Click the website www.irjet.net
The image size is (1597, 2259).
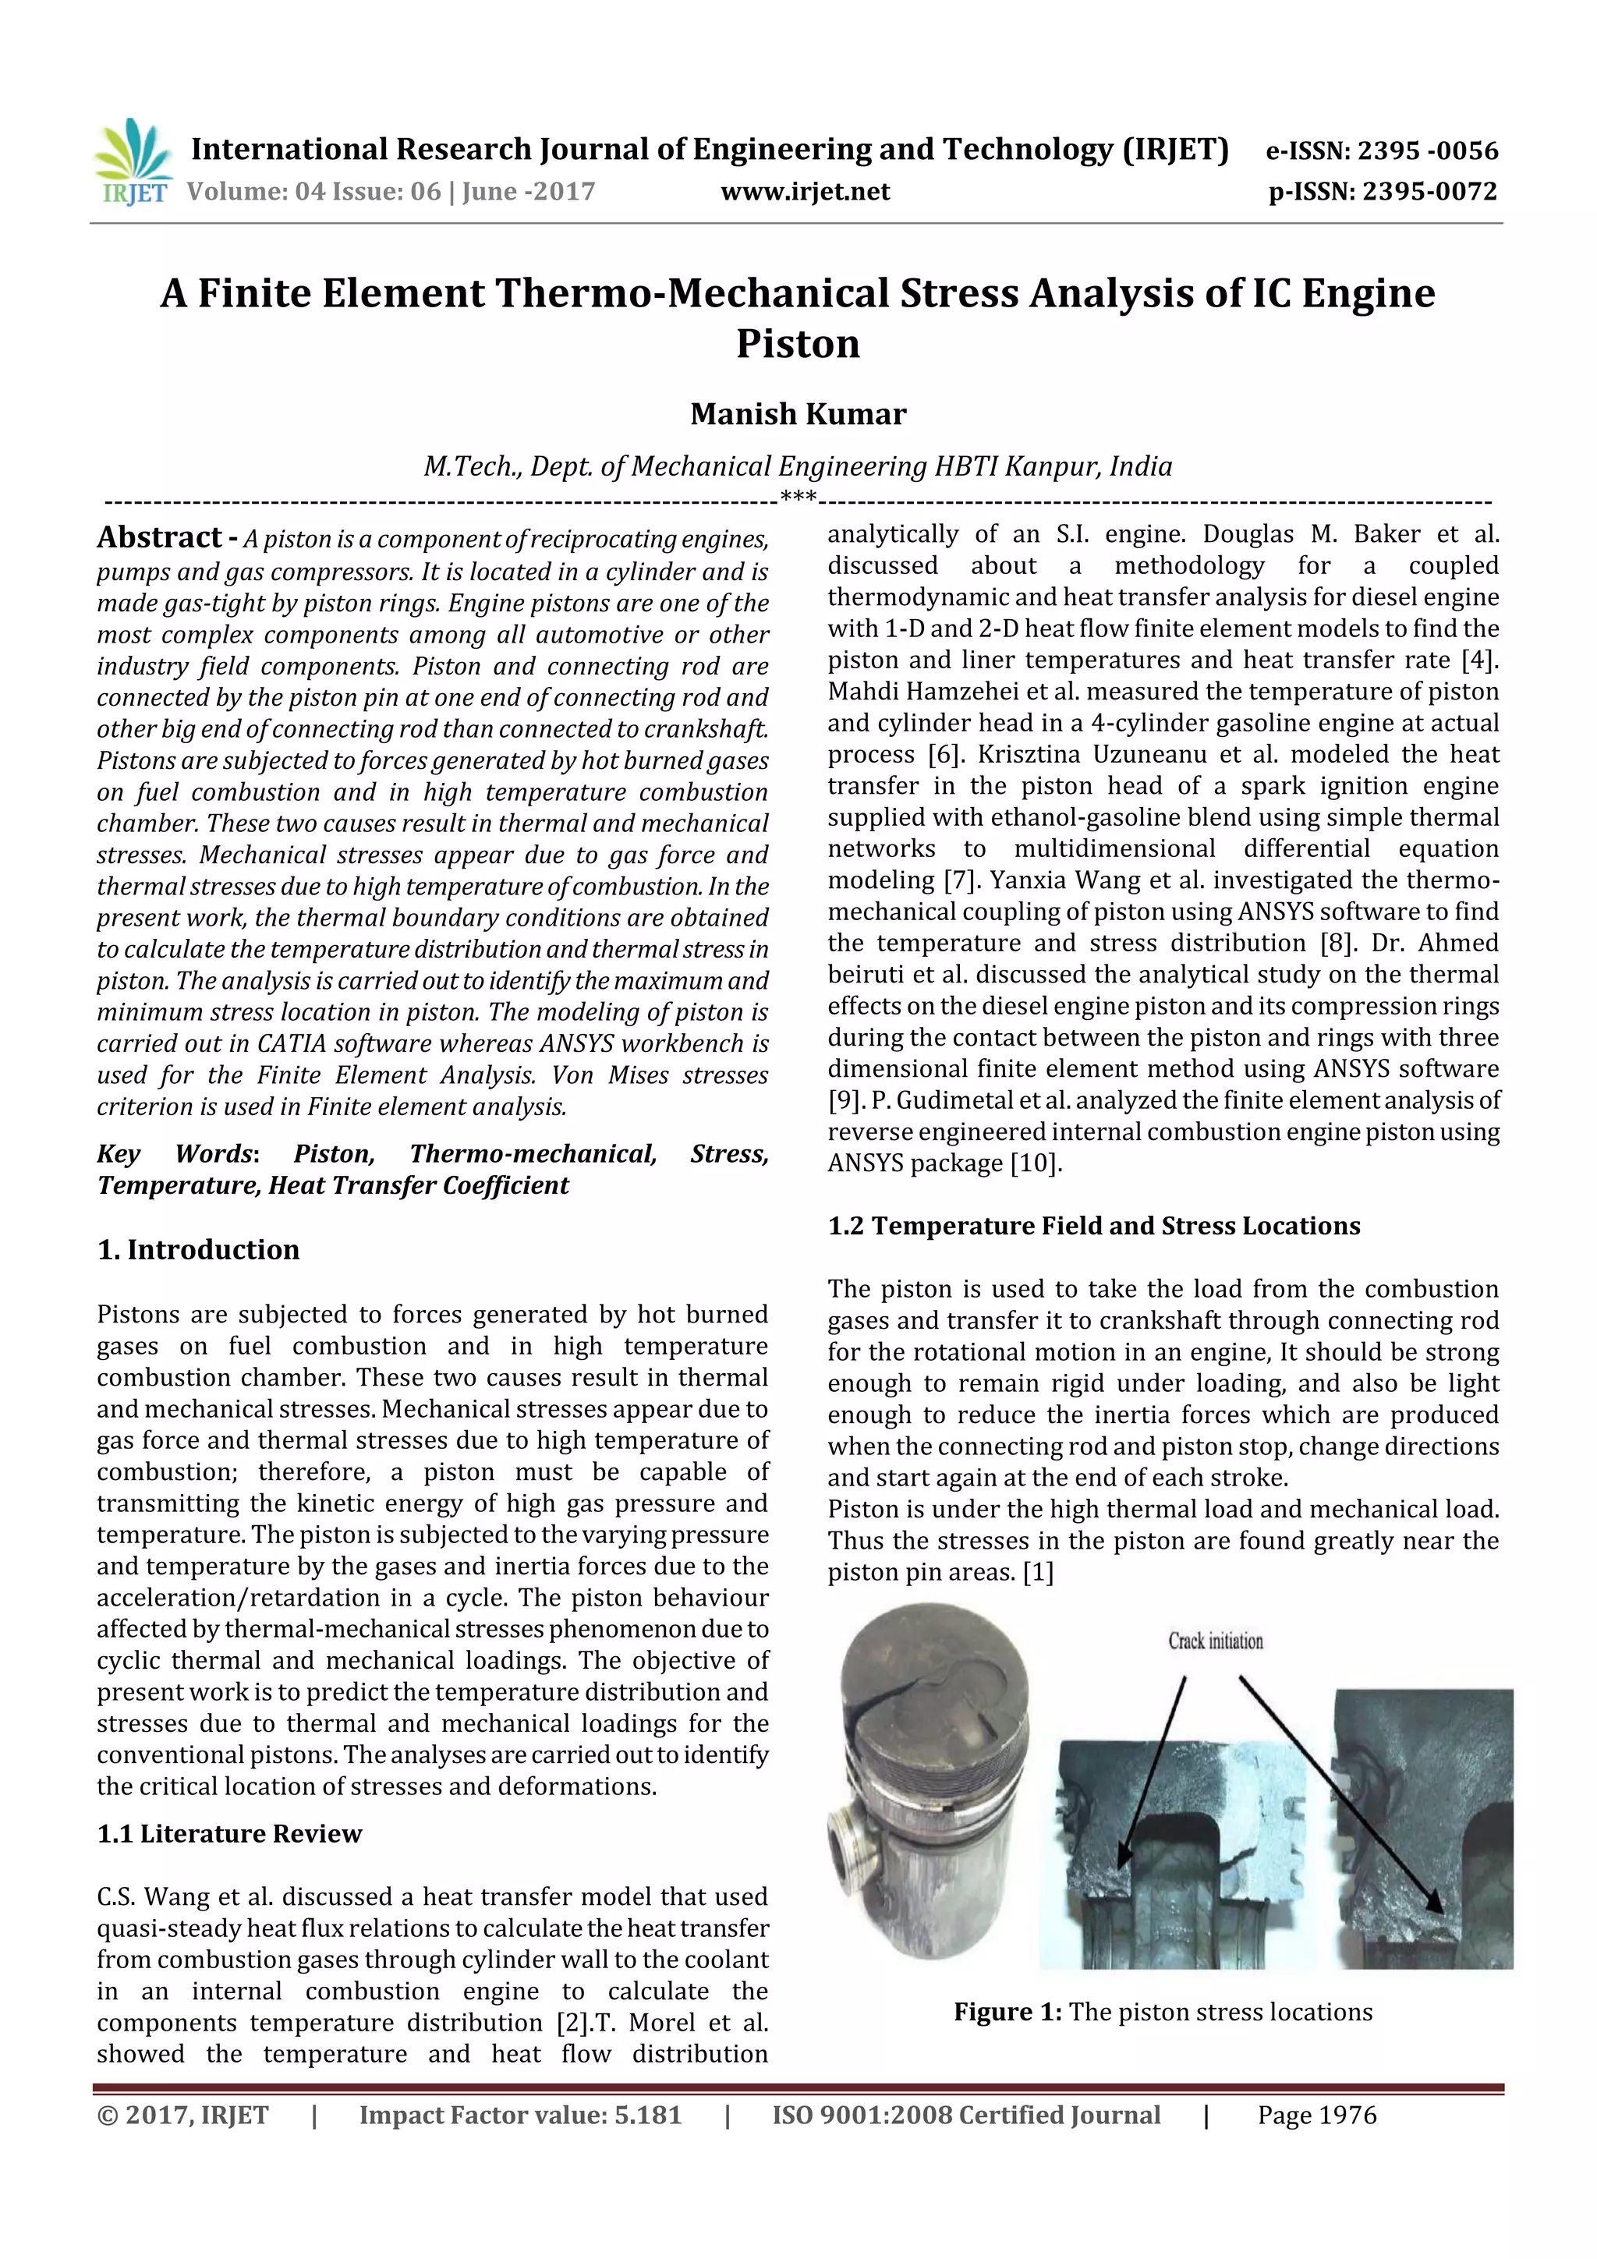805,192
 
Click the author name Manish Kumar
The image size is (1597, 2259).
798,414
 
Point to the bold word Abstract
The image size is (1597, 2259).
159,537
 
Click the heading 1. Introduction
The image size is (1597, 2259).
198,1249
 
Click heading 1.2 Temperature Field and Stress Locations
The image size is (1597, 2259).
1093,1226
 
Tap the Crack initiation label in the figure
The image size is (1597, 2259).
1215,1641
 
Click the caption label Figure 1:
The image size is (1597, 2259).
1007,2012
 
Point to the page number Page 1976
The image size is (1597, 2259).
1316,2116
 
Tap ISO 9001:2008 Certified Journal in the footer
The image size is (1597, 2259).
965,2116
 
